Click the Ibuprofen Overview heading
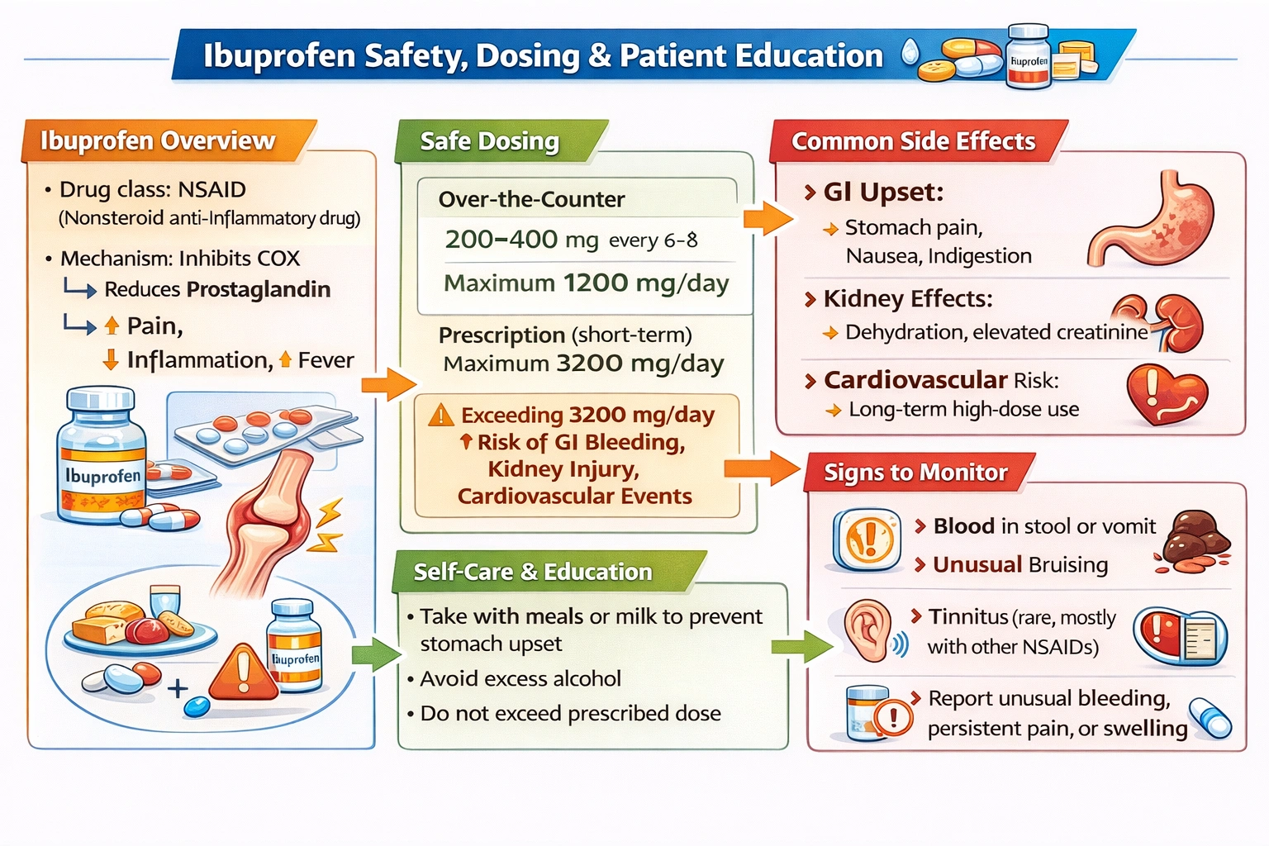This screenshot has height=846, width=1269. tap(158, 141)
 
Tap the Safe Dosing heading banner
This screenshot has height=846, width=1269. tap(490, 141)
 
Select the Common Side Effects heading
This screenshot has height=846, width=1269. tap(913, 141)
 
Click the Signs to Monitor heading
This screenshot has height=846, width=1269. tap(915, 473)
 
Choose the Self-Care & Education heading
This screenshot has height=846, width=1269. tap(533, 572)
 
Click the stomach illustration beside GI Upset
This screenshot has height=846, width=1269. tap(1153, 218)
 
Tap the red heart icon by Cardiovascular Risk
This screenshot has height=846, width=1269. tap(1167, 394)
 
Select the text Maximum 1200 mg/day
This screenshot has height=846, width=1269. tap(586, 283)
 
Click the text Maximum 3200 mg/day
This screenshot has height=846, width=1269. tap(583, 364)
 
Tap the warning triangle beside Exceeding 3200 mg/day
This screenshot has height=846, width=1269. tap(441, 415)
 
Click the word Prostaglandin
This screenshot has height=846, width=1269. tap(259, 289)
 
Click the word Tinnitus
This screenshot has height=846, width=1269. tap(968, 617)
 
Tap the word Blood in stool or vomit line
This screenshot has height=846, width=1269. tap(963, 526)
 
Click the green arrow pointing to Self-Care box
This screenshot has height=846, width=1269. tap(375, 654)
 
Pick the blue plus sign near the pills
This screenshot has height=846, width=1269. tap(178, 688)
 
